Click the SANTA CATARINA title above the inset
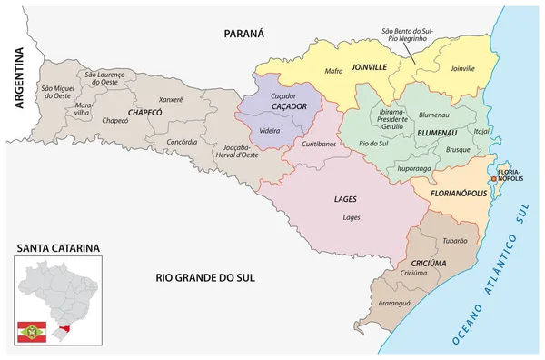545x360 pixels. coord(56,247)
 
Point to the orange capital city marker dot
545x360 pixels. coord(493,180)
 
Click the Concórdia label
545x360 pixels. coord(181,141)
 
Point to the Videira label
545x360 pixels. coord(270,131)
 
